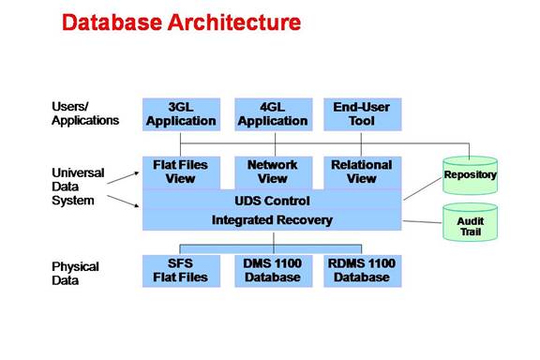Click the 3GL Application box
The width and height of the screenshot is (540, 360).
[181, 114]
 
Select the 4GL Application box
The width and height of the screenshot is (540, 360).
[274, 114]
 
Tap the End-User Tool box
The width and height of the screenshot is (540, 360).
[362, 114]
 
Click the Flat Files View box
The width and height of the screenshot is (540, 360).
[181, 172]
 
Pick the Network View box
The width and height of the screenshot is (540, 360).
[274, 172]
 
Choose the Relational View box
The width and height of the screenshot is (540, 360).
[362, 172]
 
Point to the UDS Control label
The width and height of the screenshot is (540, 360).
[272, 201]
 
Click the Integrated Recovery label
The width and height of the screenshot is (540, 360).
[272, 220]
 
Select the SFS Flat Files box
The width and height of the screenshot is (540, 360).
[181, 271]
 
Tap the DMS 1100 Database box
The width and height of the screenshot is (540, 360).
[274, 271]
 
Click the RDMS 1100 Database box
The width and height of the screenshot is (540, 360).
[362, 271]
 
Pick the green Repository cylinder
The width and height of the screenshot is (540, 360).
[470, 175]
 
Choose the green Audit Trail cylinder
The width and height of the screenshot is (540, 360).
[470, 222]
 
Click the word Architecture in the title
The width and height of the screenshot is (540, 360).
[234, 22]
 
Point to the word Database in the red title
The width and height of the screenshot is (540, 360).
[112, 22]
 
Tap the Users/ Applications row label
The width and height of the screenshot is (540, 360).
[85, 113]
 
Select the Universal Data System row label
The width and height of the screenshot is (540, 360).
[78, 187]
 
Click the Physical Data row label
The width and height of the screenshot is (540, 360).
[75, 274]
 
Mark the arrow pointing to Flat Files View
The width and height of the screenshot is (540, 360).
[123, 178]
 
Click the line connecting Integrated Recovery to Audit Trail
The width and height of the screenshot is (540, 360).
[422, 222]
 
